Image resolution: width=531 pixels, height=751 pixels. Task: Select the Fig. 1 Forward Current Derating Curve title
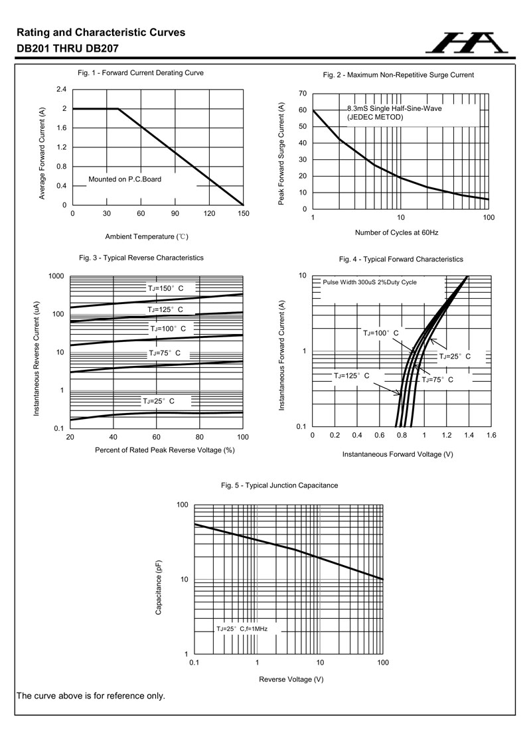tap(141, 72)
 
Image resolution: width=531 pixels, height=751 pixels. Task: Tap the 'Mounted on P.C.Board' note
tap(125, 179)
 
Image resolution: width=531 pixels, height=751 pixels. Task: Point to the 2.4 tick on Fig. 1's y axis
tap(62, 89)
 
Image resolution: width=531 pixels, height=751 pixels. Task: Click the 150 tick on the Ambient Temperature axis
tap(243, 213)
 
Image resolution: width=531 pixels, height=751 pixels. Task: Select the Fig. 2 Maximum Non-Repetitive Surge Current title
tap(398, 75)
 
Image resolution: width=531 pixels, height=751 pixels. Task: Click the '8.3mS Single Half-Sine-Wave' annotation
tap(394, 108)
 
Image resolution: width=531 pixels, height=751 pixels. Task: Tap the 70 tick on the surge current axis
tap(302, 93)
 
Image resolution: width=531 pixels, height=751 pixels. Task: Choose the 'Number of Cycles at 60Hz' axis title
tap(396, 232)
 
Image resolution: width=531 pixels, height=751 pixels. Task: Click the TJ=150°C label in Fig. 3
tap(165, 288)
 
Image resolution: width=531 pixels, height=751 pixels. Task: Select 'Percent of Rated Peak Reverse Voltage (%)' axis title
tap(156, 450)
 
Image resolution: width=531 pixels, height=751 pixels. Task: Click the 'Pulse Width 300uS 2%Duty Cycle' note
tap(370, 282)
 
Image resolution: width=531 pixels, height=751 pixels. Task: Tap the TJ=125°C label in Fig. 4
tap(352, 376)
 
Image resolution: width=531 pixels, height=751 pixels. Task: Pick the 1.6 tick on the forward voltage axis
tap(491, 436)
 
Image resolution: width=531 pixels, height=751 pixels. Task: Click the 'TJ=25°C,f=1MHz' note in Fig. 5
tap(242, 628)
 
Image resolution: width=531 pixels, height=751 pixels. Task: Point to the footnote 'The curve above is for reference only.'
tap(90, 696)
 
